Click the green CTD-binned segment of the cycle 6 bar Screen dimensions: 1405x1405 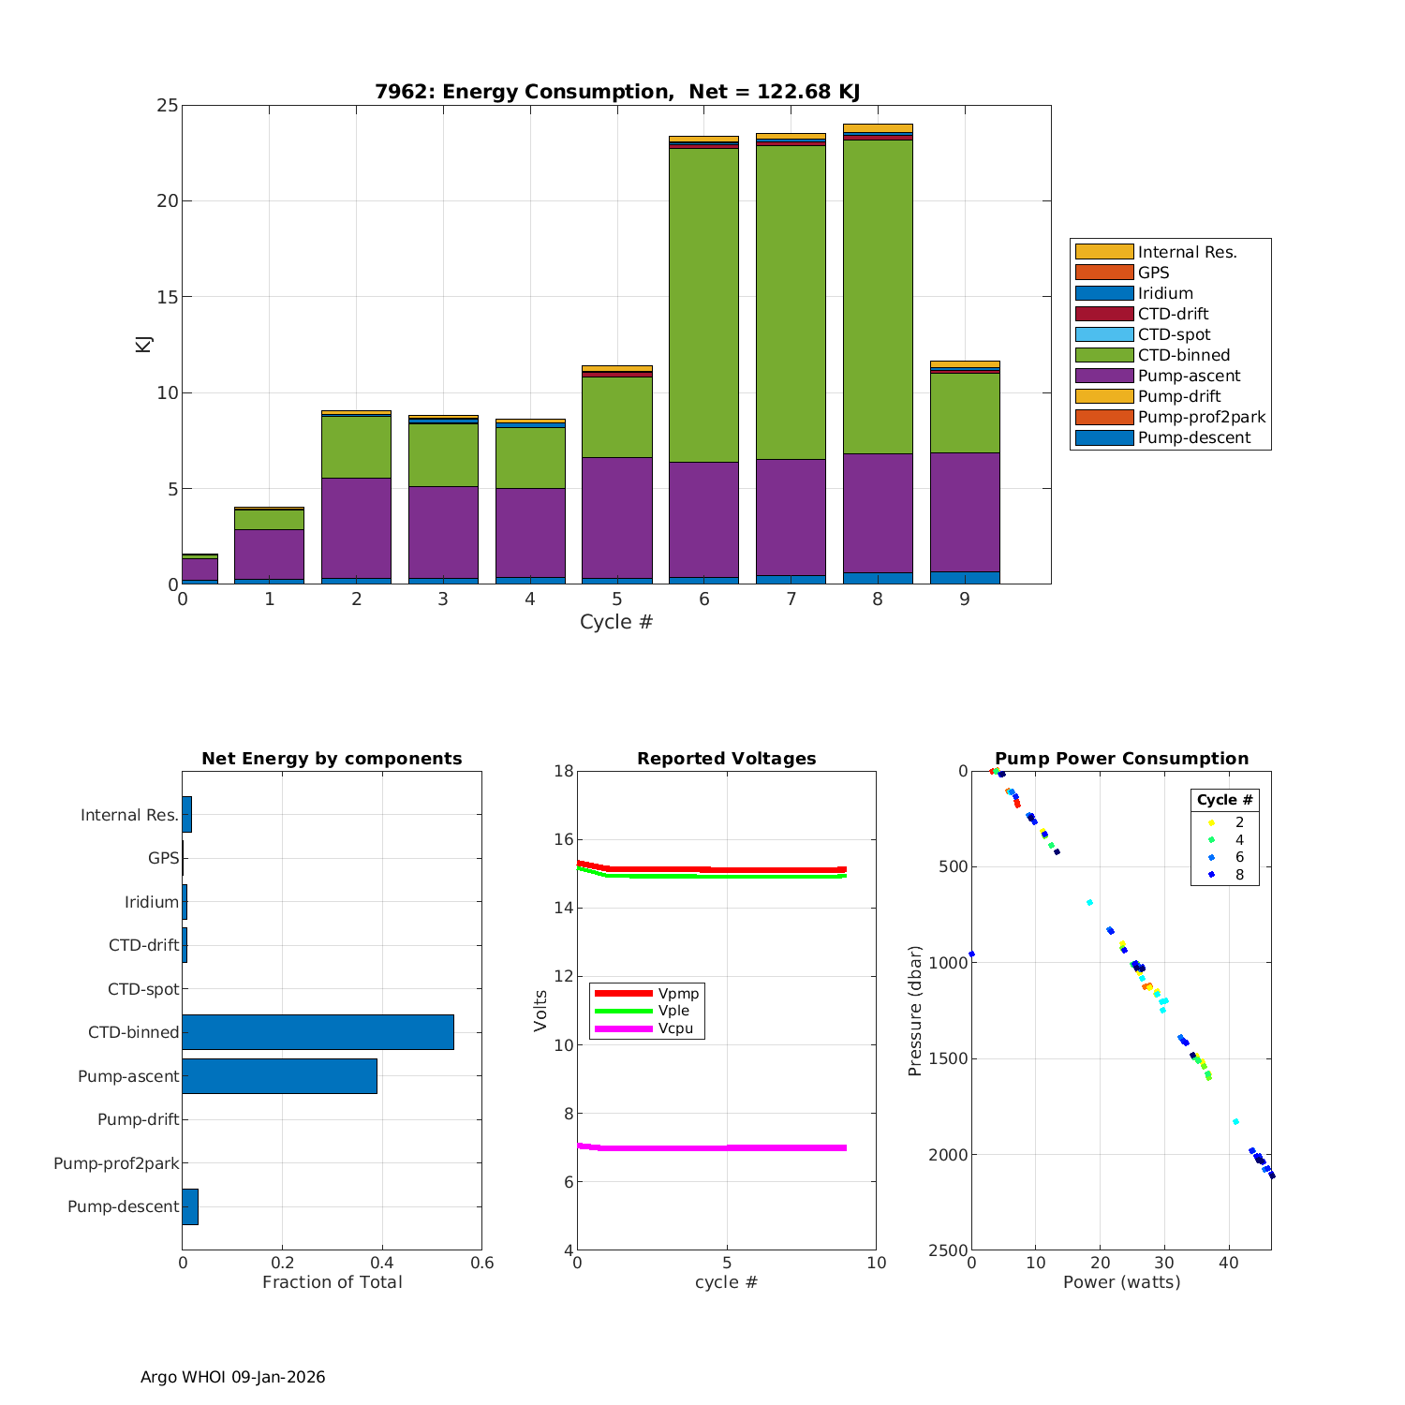pyautogui.click(x=703, y=304)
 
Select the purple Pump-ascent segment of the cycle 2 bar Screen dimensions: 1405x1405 pyautogui.click(x=356, y=527)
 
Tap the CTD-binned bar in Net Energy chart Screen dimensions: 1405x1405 pyautogui.click(x=318, y=1032)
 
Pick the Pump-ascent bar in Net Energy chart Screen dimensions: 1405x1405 pyautogui.click(x=279, y=1076)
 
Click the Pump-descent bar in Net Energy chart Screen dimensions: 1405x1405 pyautogui.click(x=190, y=1206)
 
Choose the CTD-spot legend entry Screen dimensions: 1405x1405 pyautogui.click(x=1174, y=334)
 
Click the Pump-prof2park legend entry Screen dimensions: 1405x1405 pyautogui.click(x=1201, y=417)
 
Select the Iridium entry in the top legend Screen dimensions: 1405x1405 pyautogui.click(x=1165, y=293)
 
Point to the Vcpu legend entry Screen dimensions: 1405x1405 pyautogui.click(x=675, y=1028)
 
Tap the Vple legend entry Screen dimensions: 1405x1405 pyautogui.click(x=673, y=1011)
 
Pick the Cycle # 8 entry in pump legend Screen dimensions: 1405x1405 pyautogui.click(x=1239, y=875)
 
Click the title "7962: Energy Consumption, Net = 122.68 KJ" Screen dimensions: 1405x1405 pyautogui.click(x=617, y=92)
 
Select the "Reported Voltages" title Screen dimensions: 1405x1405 pyautogui.click(x=726, y=759)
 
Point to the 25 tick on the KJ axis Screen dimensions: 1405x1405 pyautogui.click(x=168, y=106)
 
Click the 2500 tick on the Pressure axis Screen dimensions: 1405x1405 pyautogui.click(x=948, y=1250)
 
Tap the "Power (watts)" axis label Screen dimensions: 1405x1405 pyautogui.click(x=1121, y=1282)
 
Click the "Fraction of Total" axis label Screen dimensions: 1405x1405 pyautogui.click(x=332, y=1282)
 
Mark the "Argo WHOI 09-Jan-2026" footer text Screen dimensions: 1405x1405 pyautogui.click(x=233, y=1377)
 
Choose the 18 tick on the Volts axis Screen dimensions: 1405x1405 pyautogui.click(x=563, y=771)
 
